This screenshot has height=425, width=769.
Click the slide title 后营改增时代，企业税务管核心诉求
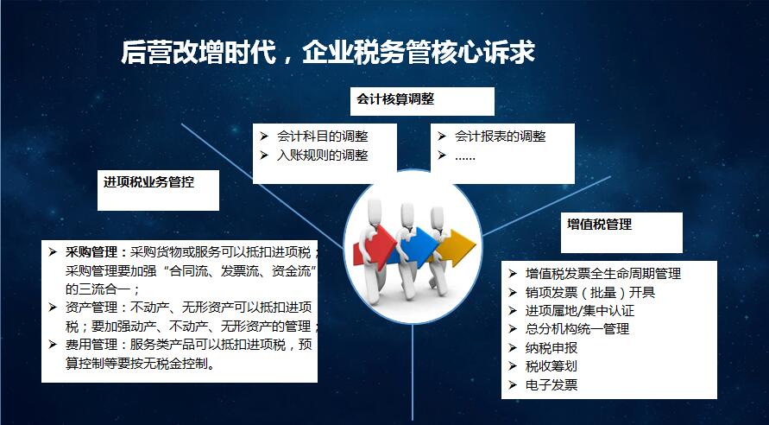coord(328,53)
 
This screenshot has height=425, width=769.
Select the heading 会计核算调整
coord(395,99)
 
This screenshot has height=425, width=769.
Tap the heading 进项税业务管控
coord(148,182)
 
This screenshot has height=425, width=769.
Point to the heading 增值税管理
coord(599,225)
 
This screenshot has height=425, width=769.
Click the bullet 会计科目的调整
coord(322,136)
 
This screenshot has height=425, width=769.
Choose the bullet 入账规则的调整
coord(322,155)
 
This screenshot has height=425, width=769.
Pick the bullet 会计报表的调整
coord(500,136)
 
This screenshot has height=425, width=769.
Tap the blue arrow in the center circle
coord(418,247)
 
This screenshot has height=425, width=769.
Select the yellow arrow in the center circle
coord(456,247)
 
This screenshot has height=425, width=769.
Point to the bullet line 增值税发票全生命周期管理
coord(602,274)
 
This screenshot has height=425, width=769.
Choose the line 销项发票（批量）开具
coord(590,293)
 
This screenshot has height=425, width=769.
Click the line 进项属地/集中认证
coord(580,311)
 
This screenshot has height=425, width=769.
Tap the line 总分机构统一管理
coord(577,329)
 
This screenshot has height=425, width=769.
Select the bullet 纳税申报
coord(552,348)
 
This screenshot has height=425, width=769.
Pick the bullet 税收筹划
coord(552,366)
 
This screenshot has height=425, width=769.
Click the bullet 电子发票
coord(552,384)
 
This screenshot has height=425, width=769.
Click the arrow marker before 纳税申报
coord(513,348)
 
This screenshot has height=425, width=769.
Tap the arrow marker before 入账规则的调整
coord(264,155)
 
